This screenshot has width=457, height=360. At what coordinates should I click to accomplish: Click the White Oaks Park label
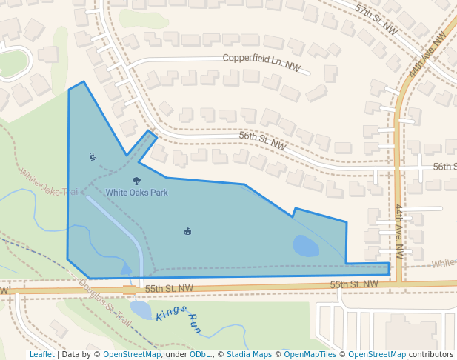(x=136, y=193)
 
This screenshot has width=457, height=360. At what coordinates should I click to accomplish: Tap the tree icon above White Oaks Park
(x=136, y=181)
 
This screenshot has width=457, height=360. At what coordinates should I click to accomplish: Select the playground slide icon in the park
(x=93, y=156)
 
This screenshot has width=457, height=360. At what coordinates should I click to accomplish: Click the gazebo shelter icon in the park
(x=187, y=231)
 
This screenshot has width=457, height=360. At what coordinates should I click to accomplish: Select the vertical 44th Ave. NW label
(x=398, y=230)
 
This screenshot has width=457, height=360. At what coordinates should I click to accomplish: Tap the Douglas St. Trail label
(x=104, y=304)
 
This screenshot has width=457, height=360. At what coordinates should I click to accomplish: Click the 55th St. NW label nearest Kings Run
(x=169, y=288)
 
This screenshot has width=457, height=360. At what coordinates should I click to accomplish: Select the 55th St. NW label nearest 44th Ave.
(x=354, y=284)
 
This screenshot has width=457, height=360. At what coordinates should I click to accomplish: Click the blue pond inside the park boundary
(x=306, y=245)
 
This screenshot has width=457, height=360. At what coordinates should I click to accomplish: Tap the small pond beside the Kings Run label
(x=141, y=308)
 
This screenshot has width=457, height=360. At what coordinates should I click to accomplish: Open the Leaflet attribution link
(x=42, y=354)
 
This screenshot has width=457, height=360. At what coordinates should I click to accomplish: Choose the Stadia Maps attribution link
(x=249, y=354)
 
